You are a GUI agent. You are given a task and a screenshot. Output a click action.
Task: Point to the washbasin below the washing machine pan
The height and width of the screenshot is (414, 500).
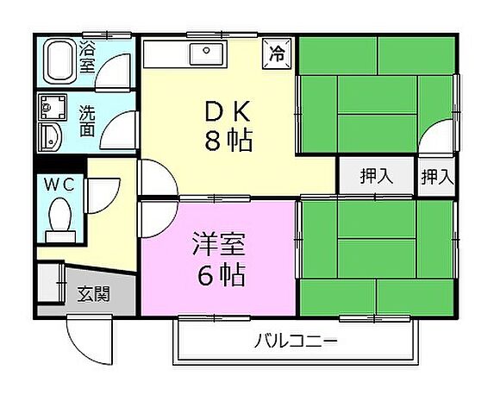(x=52, y=137)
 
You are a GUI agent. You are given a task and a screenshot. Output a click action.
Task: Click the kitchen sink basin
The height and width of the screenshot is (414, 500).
(x=208, y=54)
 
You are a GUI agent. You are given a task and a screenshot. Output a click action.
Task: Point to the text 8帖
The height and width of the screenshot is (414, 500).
(x=228, y=141)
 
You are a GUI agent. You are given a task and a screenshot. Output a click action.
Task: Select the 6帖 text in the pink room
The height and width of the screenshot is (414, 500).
(x=220, y=276)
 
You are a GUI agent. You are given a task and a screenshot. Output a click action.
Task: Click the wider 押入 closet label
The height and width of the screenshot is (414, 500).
(x=376, y=177)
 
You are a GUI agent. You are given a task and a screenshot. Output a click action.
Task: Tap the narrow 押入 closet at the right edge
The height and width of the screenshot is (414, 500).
(x=437, y=177)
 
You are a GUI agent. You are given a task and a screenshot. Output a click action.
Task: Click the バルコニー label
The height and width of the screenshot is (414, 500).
(x=295, y=342)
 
